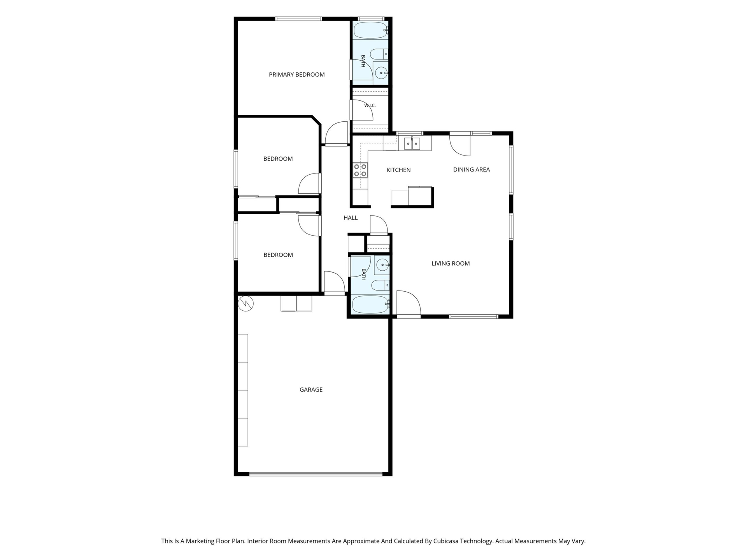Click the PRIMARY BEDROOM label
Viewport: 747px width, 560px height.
coord(296,75)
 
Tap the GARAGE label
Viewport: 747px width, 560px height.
coord(311,390)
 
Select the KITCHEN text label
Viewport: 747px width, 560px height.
coord(398,170)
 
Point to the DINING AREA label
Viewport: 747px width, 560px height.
coord(472,170)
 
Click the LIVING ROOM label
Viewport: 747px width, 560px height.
coord(451,264)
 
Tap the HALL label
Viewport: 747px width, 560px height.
coord(351,218)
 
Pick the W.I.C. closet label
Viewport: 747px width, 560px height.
coord(370,105)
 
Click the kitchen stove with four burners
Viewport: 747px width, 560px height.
coord(360,170)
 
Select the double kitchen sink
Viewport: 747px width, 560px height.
coord(412,143)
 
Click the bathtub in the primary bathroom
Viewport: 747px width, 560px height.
coord(370,30)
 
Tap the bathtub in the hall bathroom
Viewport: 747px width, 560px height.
coord(370,304)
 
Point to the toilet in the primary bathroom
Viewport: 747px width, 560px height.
coord(379,54)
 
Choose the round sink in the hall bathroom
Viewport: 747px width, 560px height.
coord(382,265)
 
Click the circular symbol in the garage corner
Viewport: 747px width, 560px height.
coord(246,303)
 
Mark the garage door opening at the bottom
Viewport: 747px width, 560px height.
coord(316,474)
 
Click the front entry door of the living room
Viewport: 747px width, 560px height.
coord(409,304)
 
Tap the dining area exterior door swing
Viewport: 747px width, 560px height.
coord(460,144)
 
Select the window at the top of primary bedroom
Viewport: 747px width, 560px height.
coord(299,19)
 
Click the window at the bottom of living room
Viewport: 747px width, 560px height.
coord(473,317)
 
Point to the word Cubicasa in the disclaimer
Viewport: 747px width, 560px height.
coord(447,541)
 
